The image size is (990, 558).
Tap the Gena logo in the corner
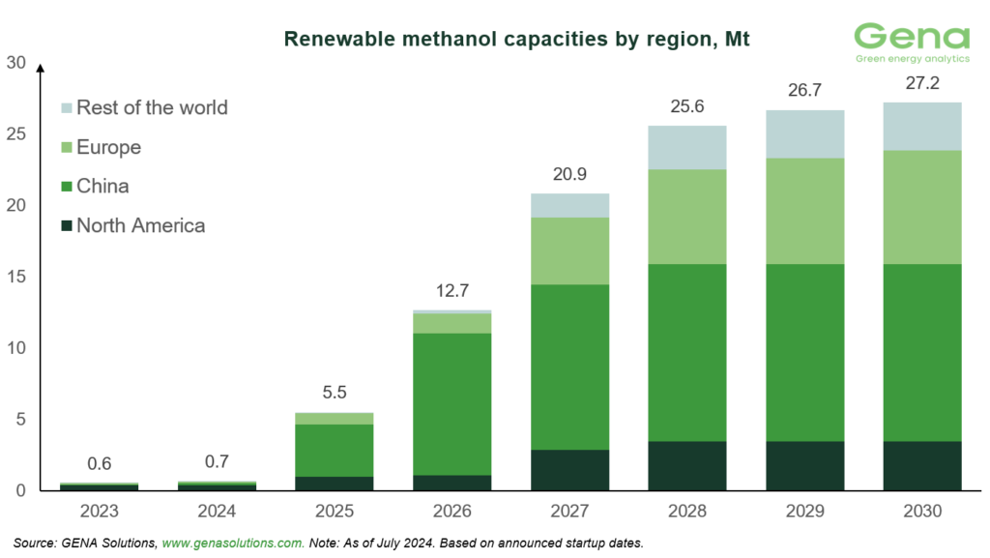pos(912,44)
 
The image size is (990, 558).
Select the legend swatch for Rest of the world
pos(66,107)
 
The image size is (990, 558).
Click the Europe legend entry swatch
pos(66,147)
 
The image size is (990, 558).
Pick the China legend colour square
pos(66,186)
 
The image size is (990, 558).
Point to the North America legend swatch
pos(66,225)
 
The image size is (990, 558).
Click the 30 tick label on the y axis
pos(15,63)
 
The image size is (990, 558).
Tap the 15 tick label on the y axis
pos(15,277)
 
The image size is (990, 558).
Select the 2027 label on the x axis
pos(568,510)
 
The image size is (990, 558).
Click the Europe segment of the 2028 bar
pos(686,217)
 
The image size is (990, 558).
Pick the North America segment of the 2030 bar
pos(922,466)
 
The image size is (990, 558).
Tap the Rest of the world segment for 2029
pos(804,133)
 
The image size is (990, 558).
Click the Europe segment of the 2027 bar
pos(568,250)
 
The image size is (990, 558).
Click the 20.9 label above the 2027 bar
pos(568,174)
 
